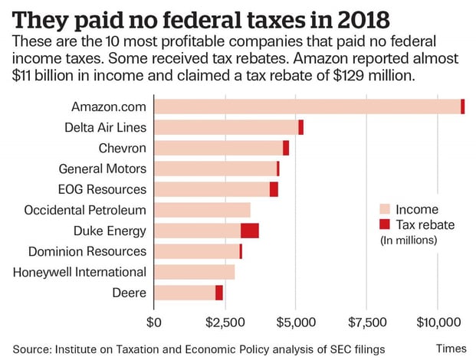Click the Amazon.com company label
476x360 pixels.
click(107, 106)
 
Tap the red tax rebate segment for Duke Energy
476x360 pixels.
click(250, 231)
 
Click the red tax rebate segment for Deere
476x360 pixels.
click(219, 293)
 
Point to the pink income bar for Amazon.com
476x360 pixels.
click(307, 106)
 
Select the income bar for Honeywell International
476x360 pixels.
click(195, 272)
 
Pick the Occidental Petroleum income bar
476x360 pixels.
click(202, 210)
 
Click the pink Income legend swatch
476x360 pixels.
click(386, 209)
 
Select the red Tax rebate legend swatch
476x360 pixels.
click(386, 224)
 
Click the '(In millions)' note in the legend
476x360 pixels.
click(409, 240)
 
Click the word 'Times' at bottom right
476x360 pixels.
click(451, 348)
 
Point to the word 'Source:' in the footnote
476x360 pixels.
click(31, 349)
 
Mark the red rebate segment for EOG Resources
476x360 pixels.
click(274, 189)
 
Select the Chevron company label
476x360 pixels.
click(123, 148)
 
